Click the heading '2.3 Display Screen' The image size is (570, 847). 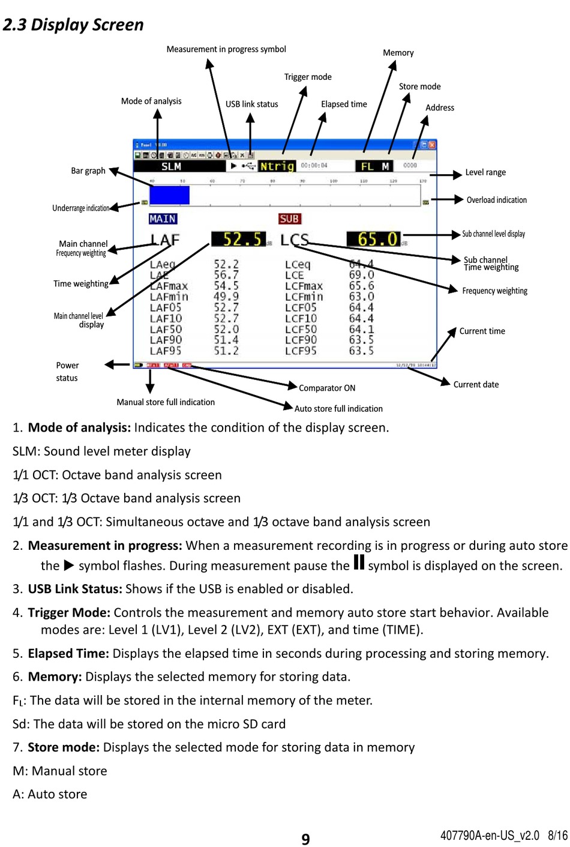[73, 25]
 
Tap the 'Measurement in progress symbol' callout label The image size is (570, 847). [226, 49]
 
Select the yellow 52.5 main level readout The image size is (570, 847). [238, 240]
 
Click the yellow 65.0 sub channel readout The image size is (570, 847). [373, 240]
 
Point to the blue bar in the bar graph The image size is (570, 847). [169, 195]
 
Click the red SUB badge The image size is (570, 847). [289, 219]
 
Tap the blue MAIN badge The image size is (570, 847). [163, 219]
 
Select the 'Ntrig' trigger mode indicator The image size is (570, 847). [277, 166]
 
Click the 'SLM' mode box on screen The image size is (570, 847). [171, 166]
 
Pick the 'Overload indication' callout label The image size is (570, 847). [496, 200]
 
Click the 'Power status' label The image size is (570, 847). [67, 372]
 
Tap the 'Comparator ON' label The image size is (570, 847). [327, 388]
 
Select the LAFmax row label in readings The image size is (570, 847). [169, 286]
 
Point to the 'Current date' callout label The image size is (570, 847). [476, 385]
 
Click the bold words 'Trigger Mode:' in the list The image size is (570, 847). [69, 613]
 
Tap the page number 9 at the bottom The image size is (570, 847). [305, 839]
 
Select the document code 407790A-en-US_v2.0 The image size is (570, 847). [490, 836]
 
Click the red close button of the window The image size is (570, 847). [432, 145]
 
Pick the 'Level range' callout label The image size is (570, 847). [485, 173]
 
